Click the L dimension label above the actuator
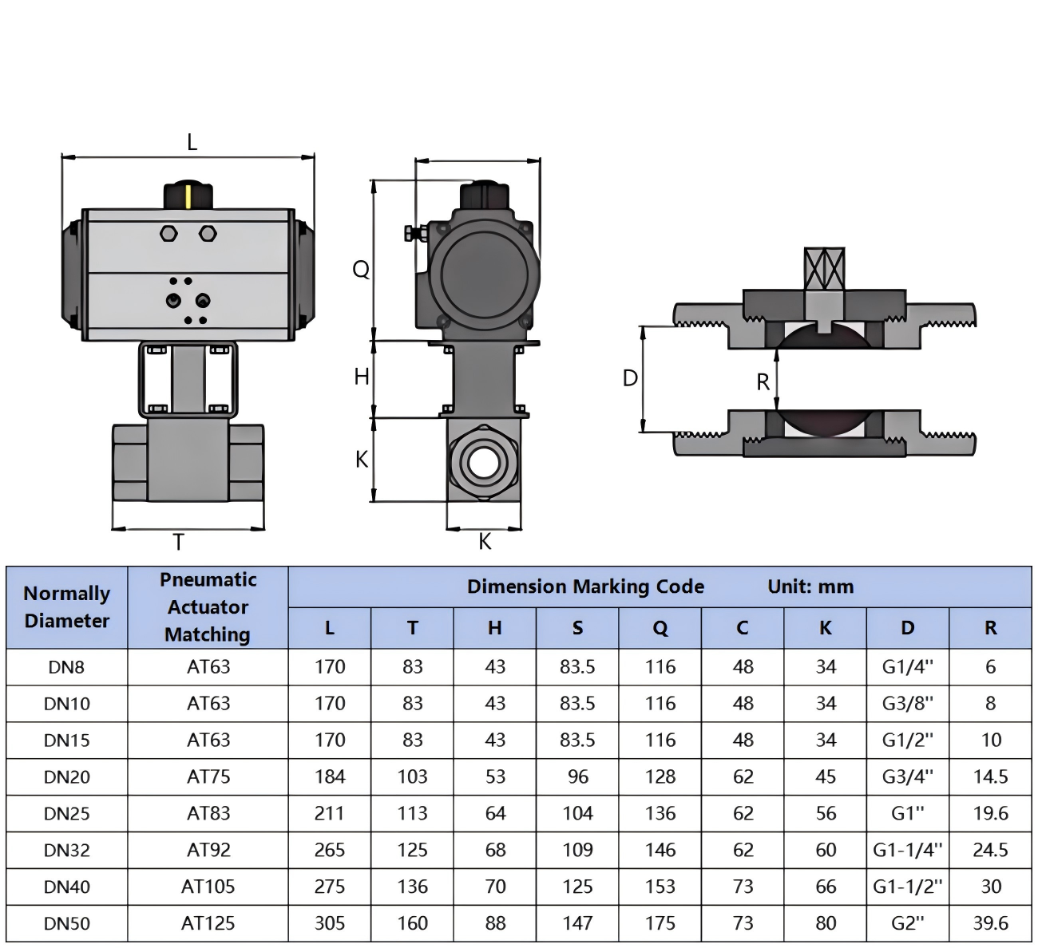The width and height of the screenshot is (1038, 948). pyautogui.click(x=192, y=142)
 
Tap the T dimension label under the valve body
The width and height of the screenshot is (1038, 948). pyautogui.click(x=178, y=542)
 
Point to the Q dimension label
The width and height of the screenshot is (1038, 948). pyautogui.click(x=361, y=269)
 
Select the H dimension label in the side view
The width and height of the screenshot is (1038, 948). pyautogui.click(x=362, y=377)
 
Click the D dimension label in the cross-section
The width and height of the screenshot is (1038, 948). pyautogui.click(x=630, y=378)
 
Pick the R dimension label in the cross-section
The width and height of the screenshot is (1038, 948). pyautogui.click(x=763, y=382)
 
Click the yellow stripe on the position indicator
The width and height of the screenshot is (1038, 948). pyautogui.click(x=189, y=197)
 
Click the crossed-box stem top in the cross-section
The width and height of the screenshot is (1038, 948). pyautogui.click(x=824, y=269)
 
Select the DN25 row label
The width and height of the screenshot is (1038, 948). pyautogui.click(x=67, y=813)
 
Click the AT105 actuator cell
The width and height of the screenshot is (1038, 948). pyautogui.click(x=208, y=887)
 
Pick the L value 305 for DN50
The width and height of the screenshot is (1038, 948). pyautogui.click(x=330, y=923)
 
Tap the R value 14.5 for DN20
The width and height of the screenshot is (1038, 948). pyautogui.click(x=990, y=776)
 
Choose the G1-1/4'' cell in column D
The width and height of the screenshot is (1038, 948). pyautogui.click(x=908, y=850)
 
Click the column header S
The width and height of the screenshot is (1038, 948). pyautogui.click(x=577, y=628)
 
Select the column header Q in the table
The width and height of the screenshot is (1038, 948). pyautogui.click(x=660, y=628)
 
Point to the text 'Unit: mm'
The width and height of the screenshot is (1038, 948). pyautogui.click(x=810, y=587)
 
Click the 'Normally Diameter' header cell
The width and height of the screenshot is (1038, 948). pyautogui.click(x=67, y=606)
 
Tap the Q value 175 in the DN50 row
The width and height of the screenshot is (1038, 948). pyautogui.click(x=660, y=923)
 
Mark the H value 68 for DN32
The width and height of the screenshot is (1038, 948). pyautogui.click(x=495, y=850)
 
